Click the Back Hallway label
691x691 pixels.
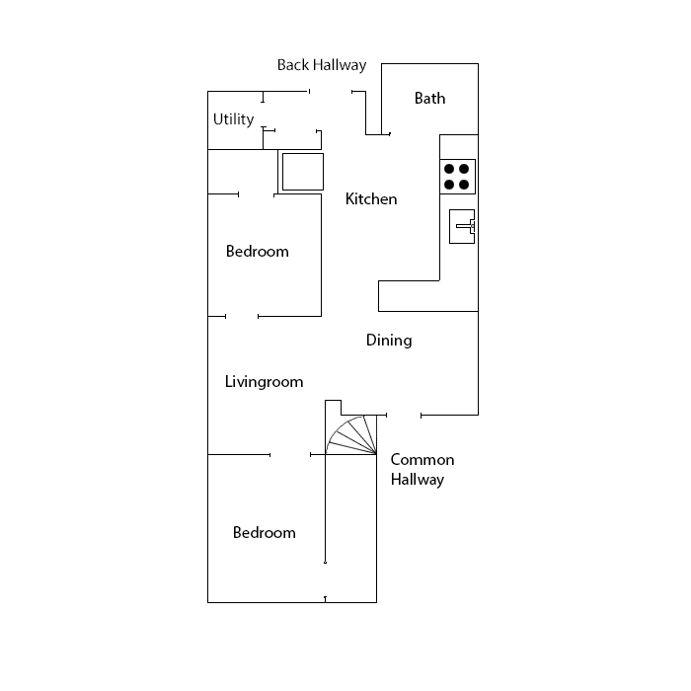pos(321,66)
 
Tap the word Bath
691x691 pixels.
pos(429,98)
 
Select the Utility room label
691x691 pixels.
pos(233,119)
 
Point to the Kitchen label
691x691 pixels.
pos(371,199)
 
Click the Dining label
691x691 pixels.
pos(389,341)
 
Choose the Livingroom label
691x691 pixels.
pos(264,382)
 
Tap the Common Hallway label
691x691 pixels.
pos(422,470)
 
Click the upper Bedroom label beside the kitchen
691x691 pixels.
pos(257,252)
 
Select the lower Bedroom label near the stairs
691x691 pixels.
pos(264,533)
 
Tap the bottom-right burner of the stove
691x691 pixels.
pos(465,184)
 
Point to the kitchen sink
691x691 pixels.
pos(462,227)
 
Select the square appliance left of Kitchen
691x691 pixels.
pos(302,172)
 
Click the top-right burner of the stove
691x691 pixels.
pos(465,168)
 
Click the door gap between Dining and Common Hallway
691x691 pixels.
pos(404,415)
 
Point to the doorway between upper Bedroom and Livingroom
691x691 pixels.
pos(242,316)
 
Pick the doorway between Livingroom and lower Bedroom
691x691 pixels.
pos(290,455)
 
